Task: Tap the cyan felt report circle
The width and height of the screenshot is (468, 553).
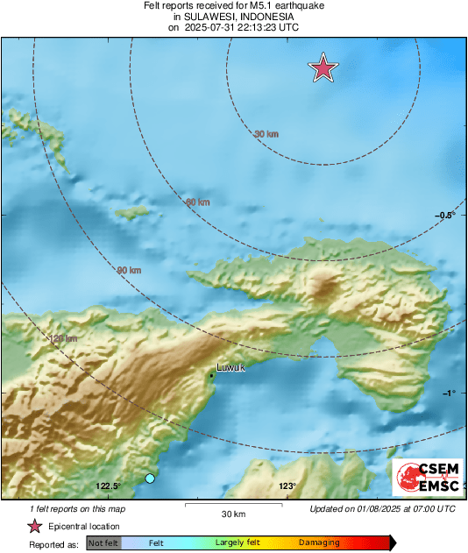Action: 150,478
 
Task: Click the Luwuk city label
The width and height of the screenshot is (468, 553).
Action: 231,368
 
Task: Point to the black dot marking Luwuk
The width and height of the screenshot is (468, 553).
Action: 212,376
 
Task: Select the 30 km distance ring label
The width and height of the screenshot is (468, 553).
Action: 266,134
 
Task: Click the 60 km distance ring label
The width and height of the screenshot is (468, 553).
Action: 198,202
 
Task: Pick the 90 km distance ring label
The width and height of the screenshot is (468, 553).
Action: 129,271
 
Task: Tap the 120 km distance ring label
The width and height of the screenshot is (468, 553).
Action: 62,338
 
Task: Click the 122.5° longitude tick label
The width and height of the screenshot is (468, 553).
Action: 109,486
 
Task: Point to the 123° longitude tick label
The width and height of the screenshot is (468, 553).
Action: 287,486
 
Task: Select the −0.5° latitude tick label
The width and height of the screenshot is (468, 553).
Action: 446,216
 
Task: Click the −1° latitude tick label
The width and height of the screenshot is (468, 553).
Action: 449,393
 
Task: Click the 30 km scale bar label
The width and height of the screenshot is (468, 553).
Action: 234,514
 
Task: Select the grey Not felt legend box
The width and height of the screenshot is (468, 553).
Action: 104,543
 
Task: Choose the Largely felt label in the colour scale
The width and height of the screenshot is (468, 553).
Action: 237,543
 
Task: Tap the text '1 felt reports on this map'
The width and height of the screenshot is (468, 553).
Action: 78,509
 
